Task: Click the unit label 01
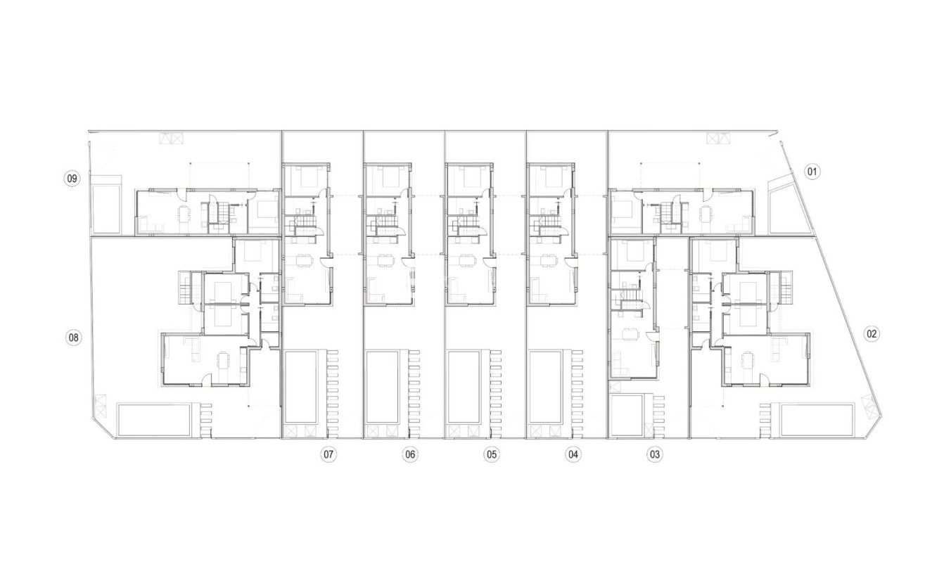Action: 812,172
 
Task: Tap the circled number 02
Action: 872,334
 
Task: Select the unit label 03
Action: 655,454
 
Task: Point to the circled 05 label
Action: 492,454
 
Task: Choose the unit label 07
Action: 328,454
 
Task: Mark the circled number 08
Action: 73,338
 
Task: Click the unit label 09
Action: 72,179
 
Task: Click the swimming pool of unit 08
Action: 154,420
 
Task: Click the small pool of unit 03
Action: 627,416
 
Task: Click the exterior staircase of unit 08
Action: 186,287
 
